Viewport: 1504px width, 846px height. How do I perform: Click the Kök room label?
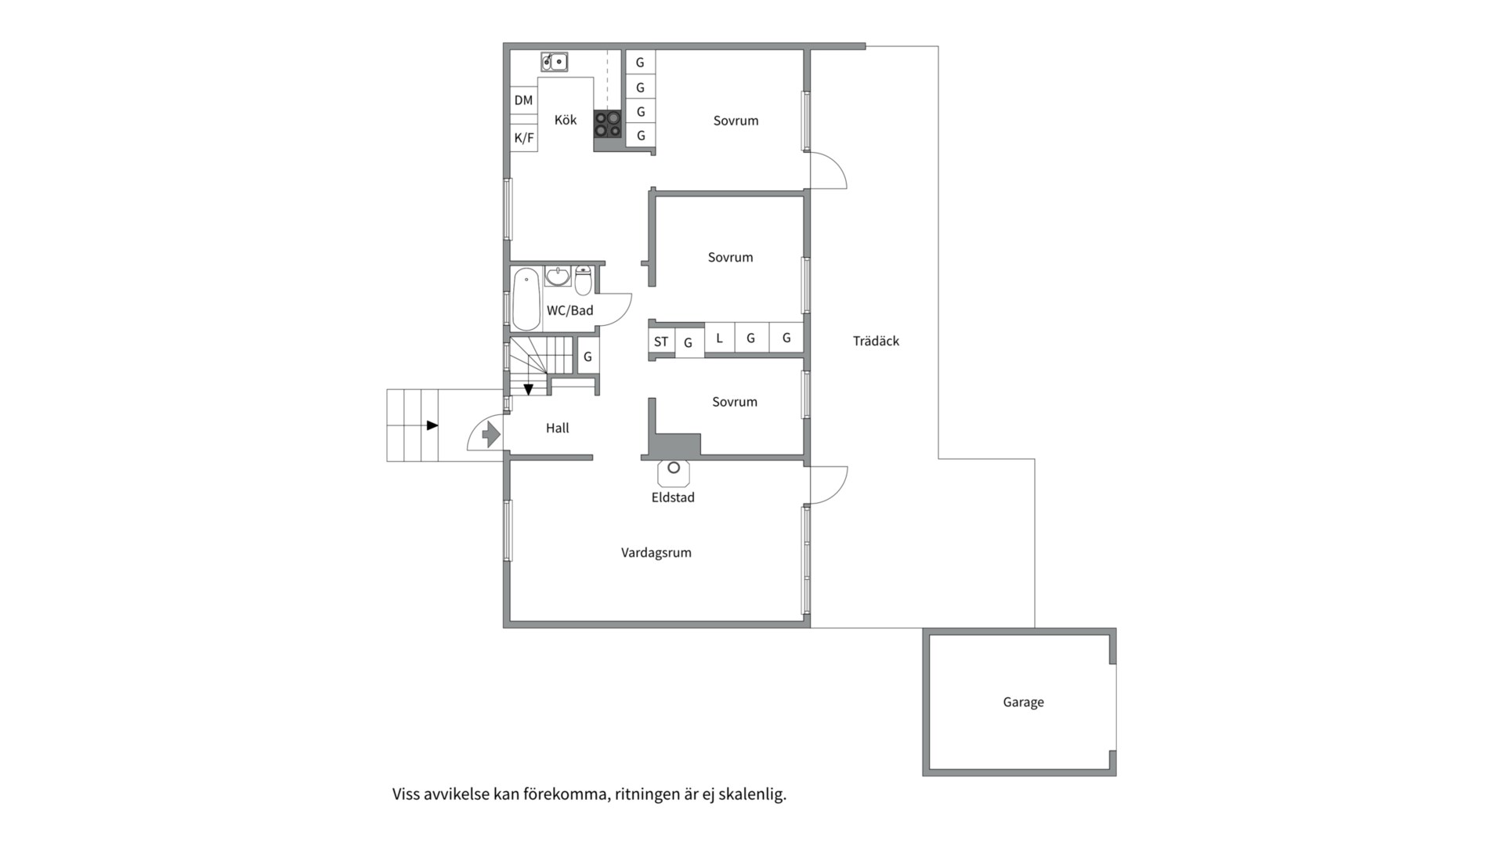coord(566,120)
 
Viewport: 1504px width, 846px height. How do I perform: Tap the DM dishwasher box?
coord(524,100)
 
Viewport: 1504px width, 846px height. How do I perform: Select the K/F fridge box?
coord(524,138)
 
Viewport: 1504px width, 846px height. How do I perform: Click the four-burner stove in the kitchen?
coord(607,124)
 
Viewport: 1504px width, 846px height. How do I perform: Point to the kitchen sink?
coord(555,62)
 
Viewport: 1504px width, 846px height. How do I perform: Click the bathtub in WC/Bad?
coord(526,298)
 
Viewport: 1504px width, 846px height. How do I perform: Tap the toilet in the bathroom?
coord(583,280)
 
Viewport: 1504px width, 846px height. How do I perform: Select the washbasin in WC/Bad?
coord(558,277)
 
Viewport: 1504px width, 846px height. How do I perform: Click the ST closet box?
coord(661,342)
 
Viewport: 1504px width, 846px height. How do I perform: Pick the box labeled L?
coord(720,338)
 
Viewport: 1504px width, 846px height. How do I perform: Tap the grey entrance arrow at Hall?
coord(491,433)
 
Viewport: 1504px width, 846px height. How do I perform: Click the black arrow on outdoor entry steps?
coord(432,425)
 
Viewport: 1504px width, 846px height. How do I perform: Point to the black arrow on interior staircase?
coord(528,389)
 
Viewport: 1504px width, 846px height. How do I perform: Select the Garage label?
coord(1023,702)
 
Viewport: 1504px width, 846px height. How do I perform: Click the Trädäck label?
coord(876,341)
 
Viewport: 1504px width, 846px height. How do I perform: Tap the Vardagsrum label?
coord(656,553)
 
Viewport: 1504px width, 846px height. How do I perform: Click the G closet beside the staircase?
coord(587,357)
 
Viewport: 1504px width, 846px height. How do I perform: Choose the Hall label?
coord(558,428)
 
